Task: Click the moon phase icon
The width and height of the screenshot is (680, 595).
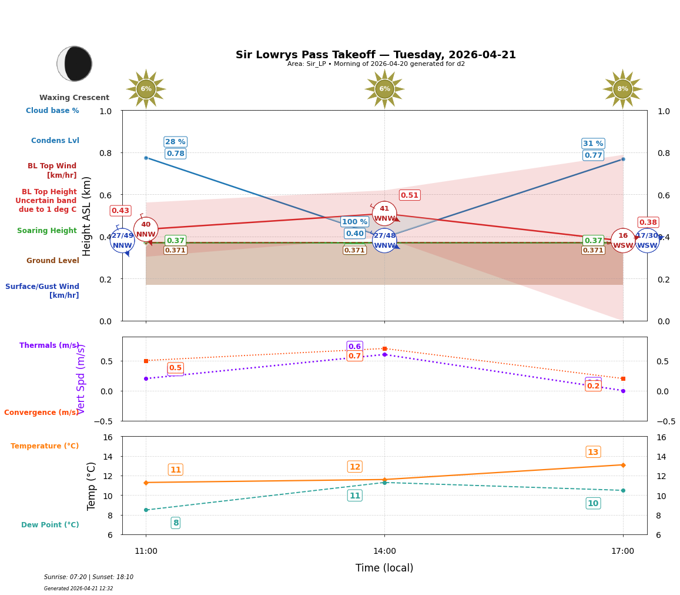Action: coord(74,64)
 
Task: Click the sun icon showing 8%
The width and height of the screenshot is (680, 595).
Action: coord(622,89)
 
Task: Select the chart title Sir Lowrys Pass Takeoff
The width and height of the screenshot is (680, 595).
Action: coord(376,55)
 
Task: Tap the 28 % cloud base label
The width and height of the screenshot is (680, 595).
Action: coord(175,142)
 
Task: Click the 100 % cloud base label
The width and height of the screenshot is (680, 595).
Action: coord(354,222)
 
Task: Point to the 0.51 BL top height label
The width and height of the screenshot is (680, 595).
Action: coord(409,195)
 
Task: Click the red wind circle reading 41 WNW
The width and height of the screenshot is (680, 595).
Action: coord(384,214)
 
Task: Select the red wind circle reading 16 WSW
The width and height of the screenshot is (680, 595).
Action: coord(622,241)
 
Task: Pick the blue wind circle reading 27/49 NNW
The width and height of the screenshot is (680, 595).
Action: coord(122,241)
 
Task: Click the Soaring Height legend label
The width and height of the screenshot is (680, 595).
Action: coord(47,231)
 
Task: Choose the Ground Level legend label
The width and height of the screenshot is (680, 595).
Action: coord(52,261)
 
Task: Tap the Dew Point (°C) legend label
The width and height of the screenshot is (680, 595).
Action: coord(50,525)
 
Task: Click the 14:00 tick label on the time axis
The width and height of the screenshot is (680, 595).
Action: coord(384,551)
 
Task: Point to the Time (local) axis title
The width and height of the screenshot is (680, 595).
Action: coord(384,568)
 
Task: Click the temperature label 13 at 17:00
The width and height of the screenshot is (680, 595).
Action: coord(593,452)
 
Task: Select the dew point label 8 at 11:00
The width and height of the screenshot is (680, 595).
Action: coord(175,523)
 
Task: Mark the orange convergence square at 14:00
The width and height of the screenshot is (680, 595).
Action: coord(384,348)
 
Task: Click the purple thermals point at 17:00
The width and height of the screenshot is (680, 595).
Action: coord(623,391)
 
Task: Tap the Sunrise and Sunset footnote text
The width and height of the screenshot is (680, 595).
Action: coord(89,577)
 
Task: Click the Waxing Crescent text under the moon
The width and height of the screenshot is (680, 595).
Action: coord(74,98)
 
